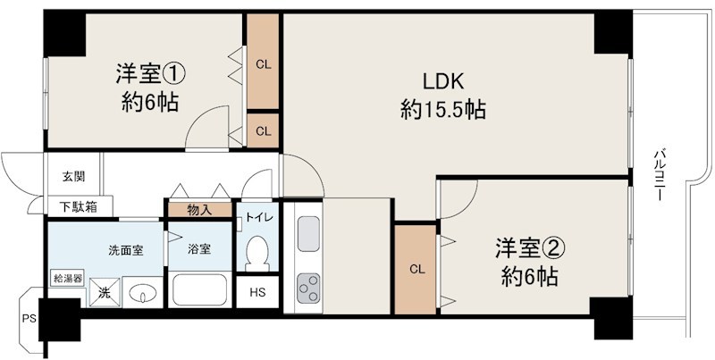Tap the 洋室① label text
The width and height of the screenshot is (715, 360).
(x=150, y=71)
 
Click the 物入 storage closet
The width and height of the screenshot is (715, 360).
(x=198, y=210)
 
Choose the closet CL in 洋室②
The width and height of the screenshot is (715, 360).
(x=416, y=269)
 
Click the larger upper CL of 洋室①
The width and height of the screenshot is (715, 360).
(x=264, y=63)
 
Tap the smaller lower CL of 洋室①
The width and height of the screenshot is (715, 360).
(x=264, y=130)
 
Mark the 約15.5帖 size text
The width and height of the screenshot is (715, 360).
(x=443, y=110)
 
